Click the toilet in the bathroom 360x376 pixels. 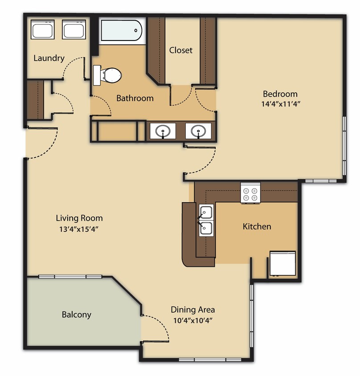108,75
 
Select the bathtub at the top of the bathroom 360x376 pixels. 121,31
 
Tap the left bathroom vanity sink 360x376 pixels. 163,131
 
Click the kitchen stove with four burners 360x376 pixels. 250,193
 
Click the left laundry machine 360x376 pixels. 43,30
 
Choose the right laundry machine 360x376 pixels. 73,30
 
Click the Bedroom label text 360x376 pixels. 280,94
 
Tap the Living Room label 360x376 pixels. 79,218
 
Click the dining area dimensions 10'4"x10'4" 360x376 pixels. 194,321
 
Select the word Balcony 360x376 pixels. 76,315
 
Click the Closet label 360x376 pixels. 181,50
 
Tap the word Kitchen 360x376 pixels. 257,227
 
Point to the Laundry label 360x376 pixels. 49,58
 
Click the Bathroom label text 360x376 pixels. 135,98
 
